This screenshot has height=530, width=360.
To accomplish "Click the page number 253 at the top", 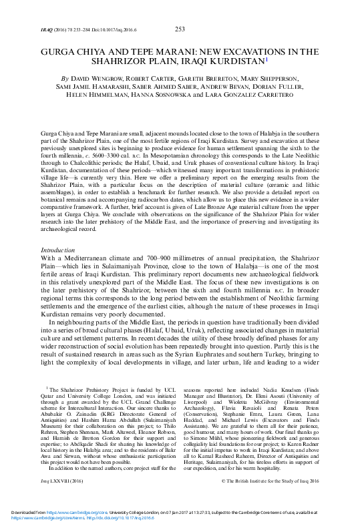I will pyautogui.click(x=179, y=29).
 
